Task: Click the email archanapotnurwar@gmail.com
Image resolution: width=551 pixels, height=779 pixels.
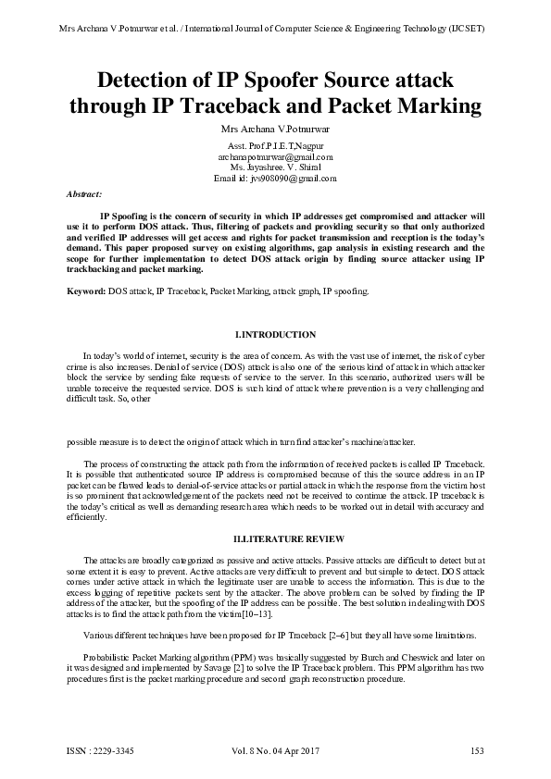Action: [x=275, y=157]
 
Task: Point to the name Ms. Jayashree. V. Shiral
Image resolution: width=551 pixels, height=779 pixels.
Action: [x=275, y=167]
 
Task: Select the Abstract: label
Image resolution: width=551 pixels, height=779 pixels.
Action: [x=85, y=195]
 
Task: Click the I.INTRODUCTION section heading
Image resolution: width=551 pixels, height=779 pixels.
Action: [x=275, y=334]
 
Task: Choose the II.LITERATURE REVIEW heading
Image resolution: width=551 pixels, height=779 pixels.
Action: [x=275, y=538]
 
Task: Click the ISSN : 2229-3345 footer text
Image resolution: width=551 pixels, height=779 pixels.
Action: [x=100, y=750]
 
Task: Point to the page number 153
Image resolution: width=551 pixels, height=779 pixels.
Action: [x=478, y=750]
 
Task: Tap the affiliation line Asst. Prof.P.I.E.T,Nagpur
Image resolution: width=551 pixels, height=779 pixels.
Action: [x=275, y=147]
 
